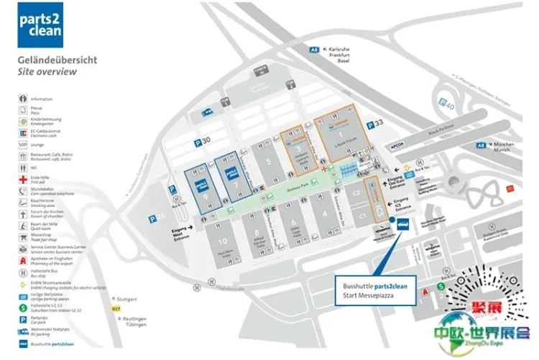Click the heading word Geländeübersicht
click(57, 61)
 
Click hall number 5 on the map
click(269, 162)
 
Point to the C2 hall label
click(355, 193)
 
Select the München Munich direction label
click(505, 147)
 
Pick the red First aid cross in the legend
click(24, 180)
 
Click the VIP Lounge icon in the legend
click(24, 144)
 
